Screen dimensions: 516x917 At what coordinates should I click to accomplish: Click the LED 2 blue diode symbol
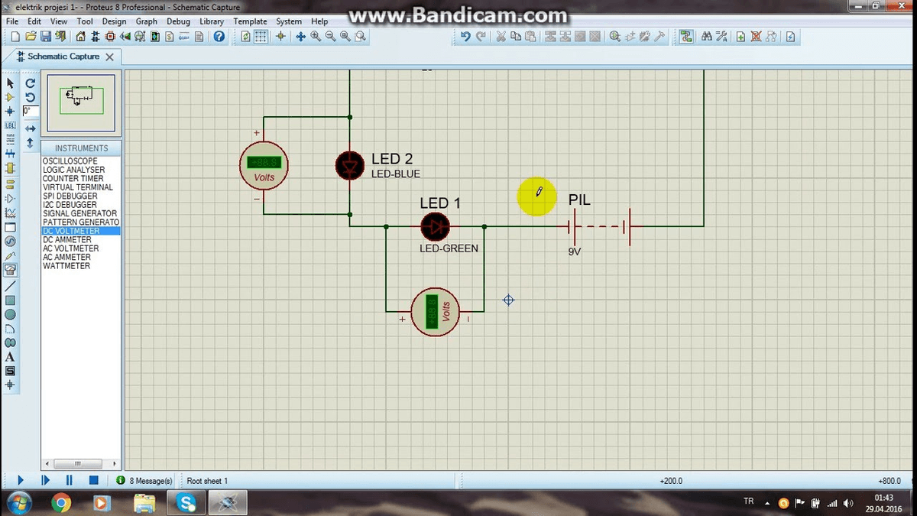point(351,165)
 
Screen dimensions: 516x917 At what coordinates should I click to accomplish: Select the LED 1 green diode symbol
point(436,226)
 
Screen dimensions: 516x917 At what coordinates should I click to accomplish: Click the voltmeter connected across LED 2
point(264,166)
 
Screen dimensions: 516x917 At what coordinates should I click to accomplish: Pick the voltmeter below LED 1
point(436,312)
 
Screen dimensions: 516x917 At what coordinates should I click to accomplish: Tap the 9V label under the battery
point(575,251)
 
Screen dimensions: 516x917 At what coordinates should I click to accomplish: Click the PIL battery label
point(579,200)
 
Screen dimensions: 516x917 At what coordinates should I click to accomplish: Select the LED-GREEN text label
point(449,248)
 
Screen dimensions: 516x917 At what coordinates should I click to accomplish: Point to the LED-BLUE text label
point(396,174)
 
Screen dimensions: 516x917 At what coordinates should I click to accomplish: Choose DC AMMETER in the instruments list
point(67,240)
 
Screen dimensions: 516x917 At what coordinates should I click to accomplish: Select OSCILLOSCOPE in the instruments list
point(70,161)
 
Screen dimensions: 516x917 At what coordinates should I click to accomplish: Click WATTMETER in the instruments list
point(66,266)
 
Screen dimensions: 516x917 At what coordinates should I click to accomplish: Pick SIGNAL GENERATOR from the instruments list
point(80,213)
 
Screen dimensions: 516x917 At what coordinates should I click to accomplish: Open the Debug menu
point(178,21)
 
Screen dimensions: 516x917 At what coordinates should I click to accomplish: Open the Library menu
point(212,21)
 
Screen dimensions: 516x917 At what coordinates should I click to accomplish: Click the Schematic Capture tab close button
point(109,57)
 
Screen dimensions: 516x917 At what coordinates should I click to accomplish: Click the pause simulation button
point(70,480)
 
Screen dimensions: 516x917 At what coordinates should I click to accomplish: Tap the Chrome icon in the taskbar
point(61,502)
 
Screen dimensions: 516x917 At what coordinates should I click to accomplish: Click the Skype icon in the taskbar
point(186,502)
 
